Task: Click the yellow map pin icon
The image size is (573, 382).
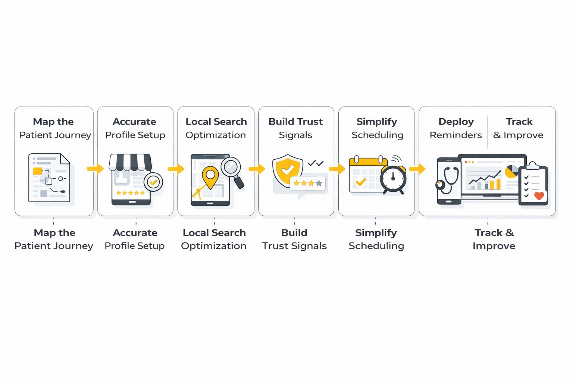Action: point(210,176)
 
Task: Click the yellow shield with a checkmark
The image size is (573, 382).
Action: point(287,170)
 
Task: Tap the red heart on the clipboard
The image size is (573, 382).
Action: point(539,195)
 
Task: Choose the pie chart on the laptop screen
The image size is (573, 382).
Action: point(511,171)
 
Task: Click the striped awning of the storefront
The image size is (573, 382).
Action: point(130,162)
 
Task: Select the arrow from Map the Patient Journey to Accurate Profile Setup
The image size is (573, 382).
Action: point(95,169)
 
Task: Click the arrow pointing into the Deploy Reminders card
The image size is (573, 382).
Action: point(417,169)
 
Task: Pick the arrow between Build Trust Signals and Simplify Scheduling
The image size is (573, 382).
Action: point(337,169)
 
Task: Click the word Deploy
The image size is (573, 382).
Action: point(456,122)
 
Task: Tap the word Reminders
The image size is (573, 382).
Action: point(455,135)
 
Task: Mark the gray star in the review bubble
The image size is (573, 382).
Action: point(319,183)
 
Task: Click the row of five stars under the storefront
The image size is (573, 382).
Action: point(130,193)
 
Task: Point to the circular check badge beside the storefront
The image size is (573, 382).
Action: point(153,182)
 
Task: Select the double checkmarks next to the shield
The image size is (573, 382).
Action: point(316,163)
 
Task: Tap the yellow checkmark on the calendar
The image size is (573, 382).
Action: point(360,182)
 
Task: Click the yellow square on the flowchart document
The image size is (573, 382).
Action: point(38,171)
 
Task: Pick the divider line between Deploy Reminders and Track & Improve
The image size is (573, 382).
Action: point(487,132)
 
